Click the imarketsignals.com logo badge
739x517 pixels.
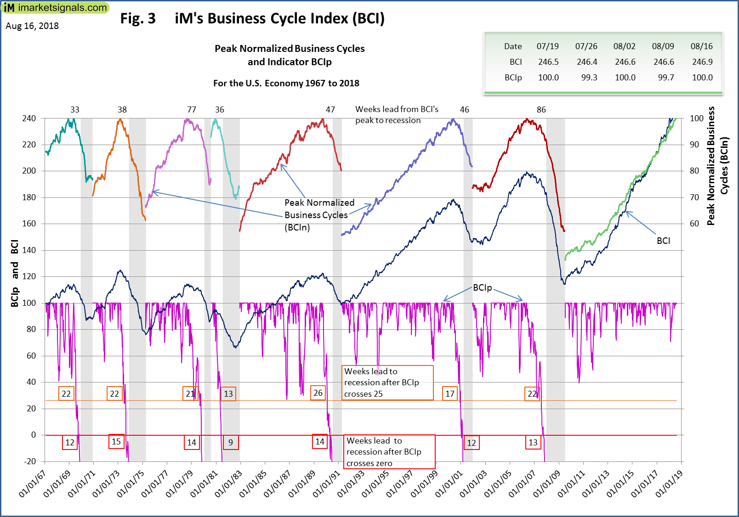pyautogui.click(x=55, y=8)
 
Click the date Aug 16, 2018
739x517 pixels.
pyautogui.click(x=32, y=26)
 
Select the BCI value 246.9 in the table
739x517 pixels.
pyautogui.click(x=702, y=62)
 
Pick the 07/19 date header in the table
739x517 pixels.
pyautogui.click(x=547, y=46)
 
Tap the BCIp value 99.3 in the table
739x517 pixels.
pyautogui.click(x=589, y=78)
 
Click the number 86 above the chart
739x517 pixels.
pyautogui.click(x=541, y=110)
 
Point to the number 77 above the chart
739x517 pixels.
pyautogui.click(x=192, y=110)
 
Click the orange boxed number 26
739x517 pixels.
pyautogui.click(x=318, y=393)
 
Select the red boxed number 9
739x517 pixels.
pyautogui.click(x=231, y=443)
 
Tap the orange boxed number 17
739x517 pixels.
pyautogui.click(x=450, y=393)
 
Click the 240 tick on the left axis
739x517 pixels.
pyautogui.click(x=29, y=118)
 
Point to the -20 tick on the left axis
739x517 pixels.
pyautogui.click(x=30, y=461)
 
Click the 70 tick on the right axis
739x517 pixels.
pyautogui.click(x=694, y=197)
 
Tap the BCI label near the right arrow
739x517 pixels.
pyautogui.click(x=663, y=241)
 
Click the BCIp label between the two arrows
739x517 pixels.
pyautogui.click(x=482, y=288)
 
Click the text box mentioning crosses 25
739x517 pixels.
pyautogui.click(x=387, y=382)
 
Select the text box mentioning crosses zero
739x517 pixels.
pyautogui.click(x=390, y=452)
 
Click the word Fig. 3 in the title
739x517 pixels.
pyautogui.click(x=138, y=18)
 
